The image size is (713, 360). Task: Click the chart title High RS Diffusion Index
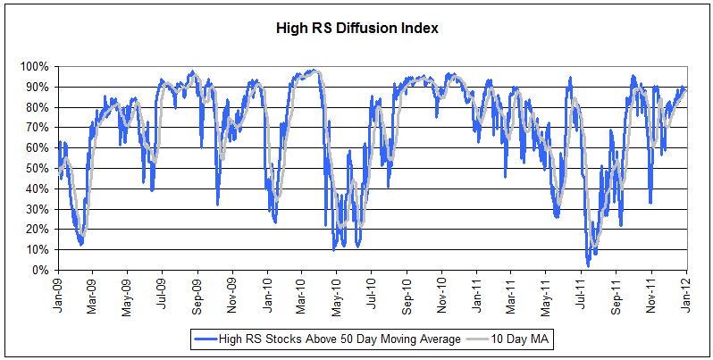click(356, 28)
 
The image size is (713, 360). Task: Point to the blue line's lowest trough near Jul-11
click(587, 265)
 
